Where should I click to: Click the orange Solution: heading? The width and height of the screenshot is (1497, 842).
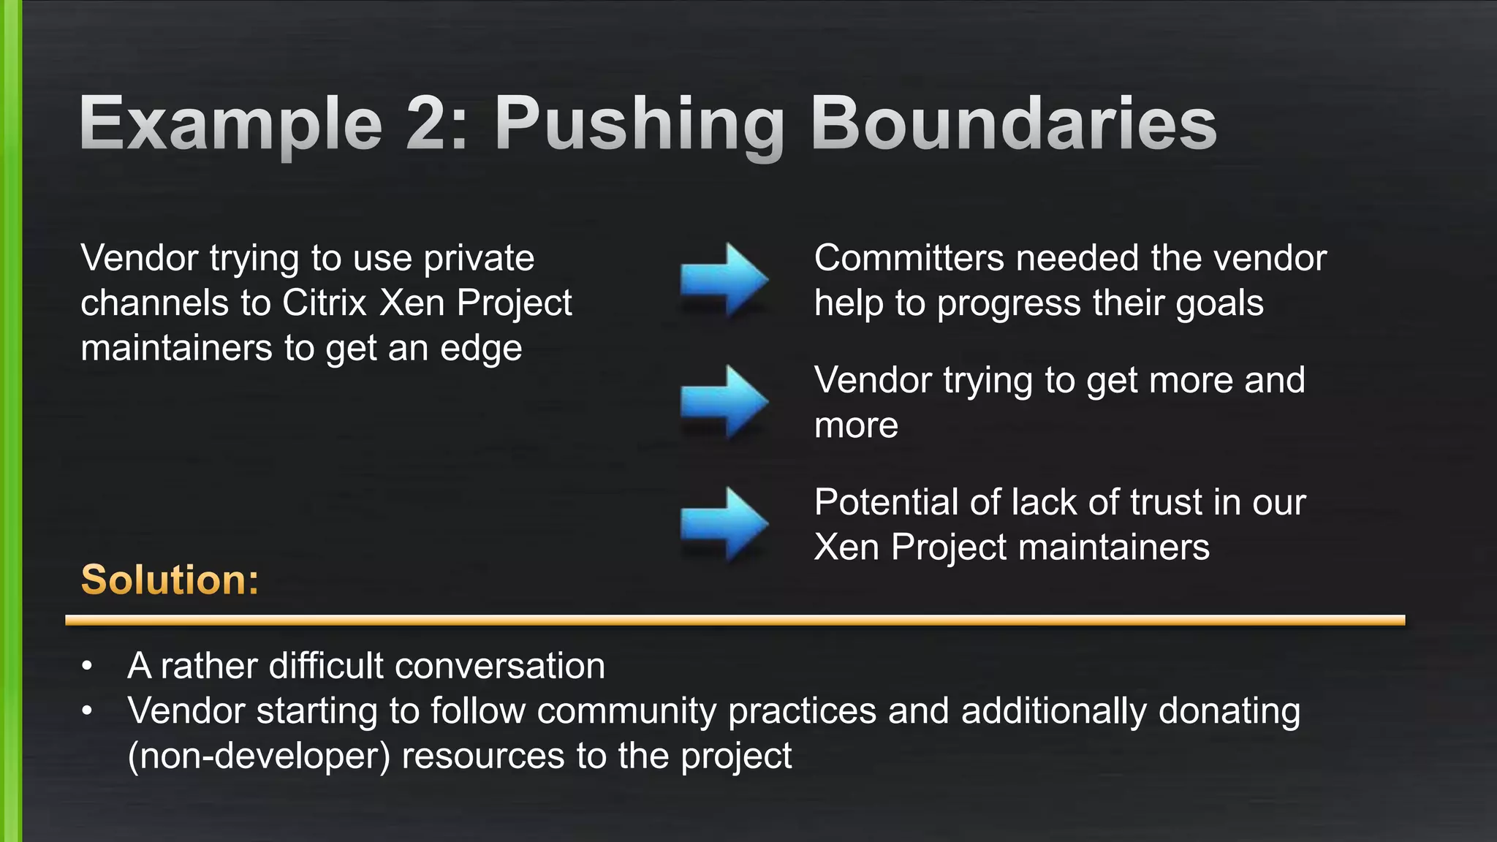(170, 580)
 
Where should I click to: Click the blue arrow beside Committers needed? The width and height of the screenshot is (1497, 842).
(724, 279)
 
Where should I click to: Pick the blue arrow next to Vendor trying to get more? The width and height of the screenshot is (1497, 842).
(724, 401)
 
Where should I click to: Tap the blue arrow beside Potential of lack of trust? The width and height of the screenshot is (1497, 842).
(724, 523)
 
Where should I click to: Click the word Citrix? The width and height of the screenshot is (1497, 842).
(324, 303)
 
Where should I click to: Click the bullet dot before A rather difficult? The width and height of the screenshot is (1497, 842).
(88, 666)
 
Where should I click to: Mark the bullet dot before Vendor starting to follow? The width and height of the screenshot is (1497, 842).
(88, 710)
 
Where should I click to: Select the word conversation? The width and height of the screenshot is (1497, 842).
(499, 666)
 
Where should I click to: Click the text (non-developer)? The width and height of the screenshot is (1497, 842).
(259, 756)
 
